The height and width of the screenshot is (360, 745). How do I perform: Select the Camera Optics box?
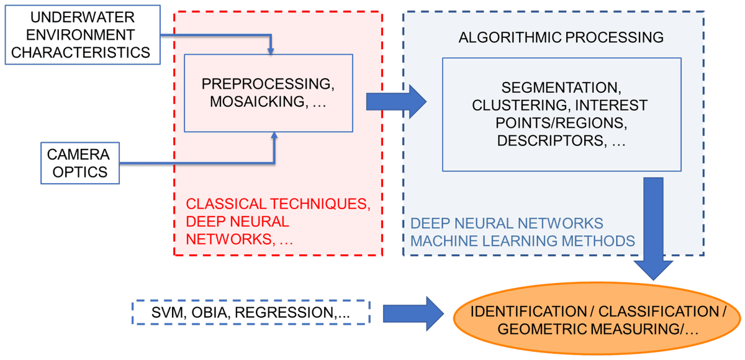point(78,163)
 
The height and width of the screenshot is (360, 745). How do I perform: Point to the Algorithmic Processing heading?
point(561,37)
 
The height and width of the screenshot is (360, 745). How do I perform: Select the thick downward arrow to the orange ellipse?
point(654,230)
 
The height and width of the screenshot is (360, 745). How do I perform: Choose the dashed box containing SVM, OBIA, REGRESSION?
point(251,312)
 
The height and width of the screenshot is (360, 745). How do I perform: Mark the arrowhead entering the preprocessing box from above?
point(271,52)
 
